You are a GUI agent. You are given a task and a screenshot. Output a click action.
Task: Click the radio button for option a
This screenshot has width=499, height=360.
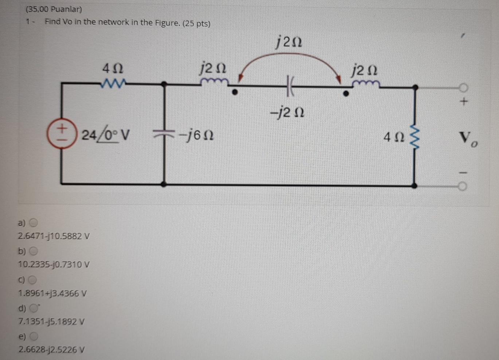click(34, 222)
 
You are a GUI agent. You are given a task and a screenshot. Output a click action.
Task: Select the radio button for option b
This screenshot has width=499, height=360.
click(34, 251)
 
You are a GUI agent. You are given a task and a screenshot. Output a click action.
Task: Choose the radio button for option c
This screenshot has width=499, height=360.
click(33, 280)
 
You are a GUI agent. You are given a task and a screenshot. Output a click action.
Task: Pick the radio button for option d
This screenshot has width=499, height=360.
click(34, 308)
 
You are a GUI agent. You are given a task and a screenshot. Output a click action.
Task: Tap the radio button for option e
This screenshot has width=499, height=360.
click(34, 336)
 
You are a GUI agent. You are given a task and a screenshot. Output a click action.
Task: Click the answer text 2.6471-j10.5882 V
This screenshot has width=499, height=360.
click(54, 236)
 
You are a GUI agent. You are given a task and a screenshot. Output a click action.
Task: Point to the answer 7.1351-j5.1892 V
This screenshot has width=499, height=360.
click(51, 322)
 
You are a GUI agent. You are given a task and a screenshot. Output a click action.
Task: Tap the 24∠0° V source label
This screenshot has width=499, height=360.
click(105, 135)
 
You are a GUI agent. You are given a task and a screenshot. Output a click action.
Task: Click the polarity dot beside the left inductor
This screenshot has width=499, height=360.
click(235, 93)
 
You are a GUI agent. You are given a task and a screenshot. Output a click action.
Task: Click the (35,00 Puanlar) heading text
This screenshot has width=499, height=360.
click(54, 9)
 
